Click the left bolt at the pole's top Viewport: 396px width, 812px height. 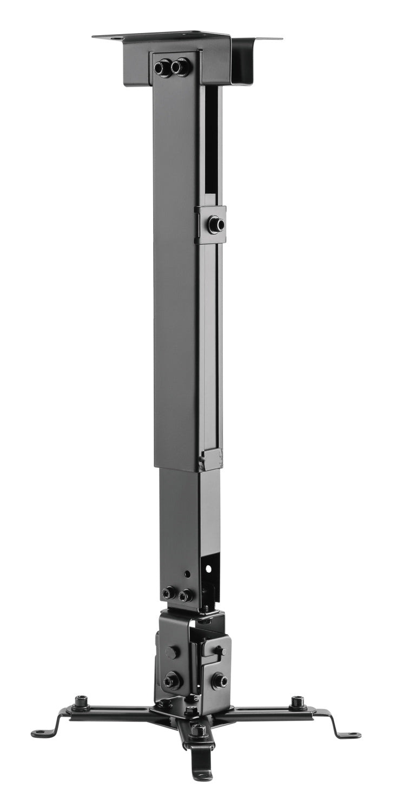(x=162, y=68)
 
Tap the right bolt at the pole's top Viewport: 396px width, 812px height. (x=180, y=67)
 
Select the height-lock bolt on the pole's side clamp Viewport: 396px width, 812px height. (x=216, y=224)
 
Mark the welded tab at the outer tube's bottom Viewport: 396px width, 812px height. (x=211, y=460)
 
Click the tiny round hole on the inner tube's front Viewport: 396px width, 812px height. (x=187, y=572)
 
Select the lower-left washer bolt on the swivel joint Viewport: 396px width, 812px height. (x=173, y=680)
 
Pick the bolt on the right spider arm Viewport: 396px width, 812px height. (x=298, y=703)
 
